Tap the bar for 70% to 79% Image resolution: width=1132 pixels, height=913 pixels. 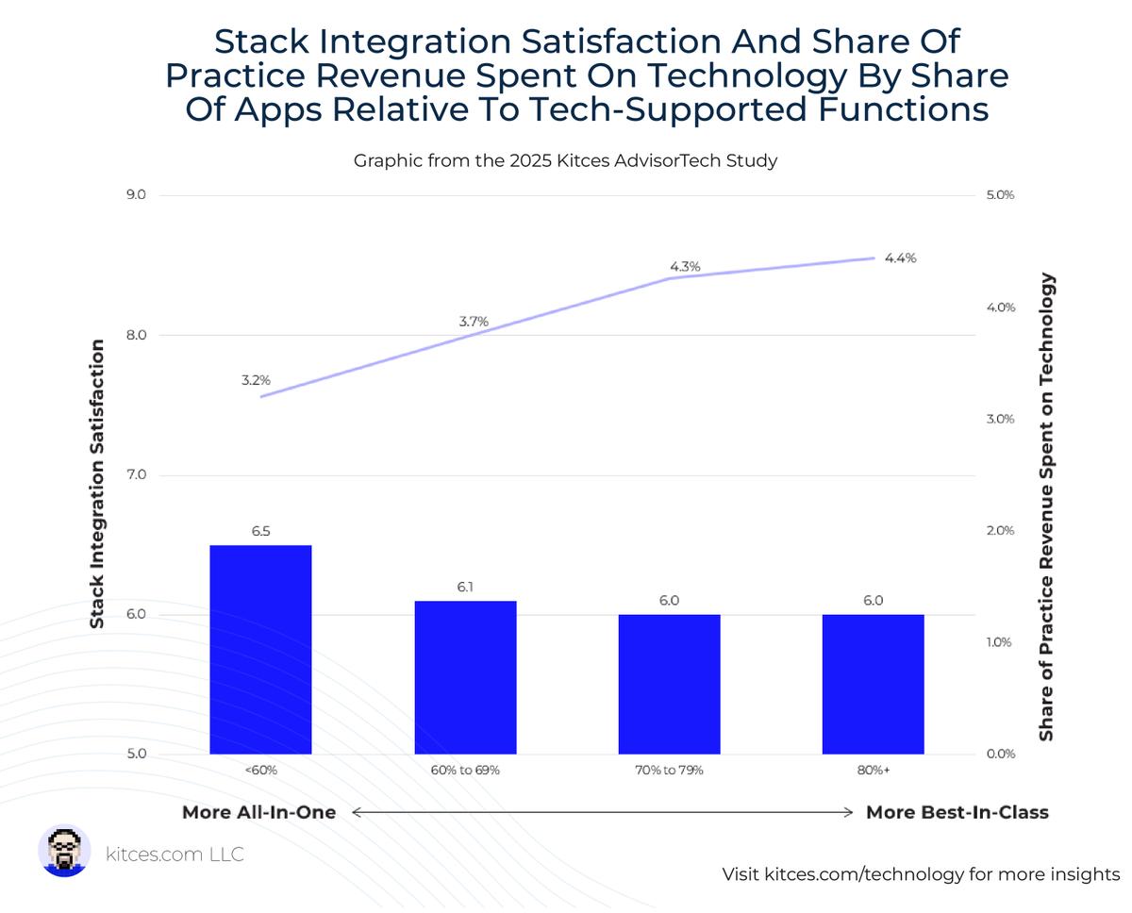pyautogui.click(x=669, y=684)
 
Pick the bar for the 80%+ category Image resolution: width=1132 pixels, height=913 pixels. pyautogui.click(x=873, y=684)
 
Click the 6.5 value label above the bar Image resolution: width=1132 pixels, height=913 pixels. pyautogui.click(x=260, y=531)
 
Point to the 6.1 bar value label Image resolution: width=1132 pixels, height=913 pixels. pyautogui.click(x=465, y=587)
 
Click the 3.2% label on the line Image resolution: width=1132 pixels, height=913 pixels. pyautogui.click(x=256, y=380)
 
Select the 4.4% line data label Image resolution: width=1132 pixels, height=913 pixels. pyautogui.click(x=900, y=257)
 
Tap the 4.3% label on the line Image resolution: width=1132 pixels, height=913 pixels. pyautogui.click(x=685, y=267)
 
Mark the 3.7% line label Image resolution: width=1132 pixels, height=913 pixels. pyautogui.click(x=474, y=322)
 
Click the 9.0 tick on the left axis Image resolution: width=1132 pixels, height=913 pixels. pyautogui.click(x=135, y=195)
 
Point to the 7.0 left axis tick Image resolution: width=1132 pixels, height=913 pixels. pyautogui.click(x=135, y=474)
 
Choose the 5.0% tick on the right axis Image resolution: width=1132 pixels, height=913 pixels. pyautogui.click(x=998, y=195)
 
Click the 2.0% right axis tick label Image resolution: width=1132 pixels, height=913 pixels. pyautogui.click(x=998, y=530)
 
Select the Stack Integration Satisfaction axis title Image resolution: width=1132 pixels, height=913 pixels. pyautogui.click(x=96, y=485)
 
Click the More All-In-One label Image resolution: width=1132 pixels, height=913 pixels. pyautogui.click(x=258, y=812)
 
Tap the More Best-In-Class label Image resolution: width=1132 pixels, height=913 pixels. pyautogui.click(x=957, y=812)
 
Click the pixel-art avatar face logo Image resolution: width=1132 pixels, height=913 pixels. pyautogui.click(x=65, y=851)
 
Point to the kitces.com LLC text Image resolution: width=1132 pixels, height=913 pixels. pyautogui.click(x=175, y=855)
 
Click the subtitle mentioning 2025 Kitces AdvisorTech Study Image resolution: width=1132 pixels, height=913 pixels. pyautogui.click(x=565, y=160)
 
